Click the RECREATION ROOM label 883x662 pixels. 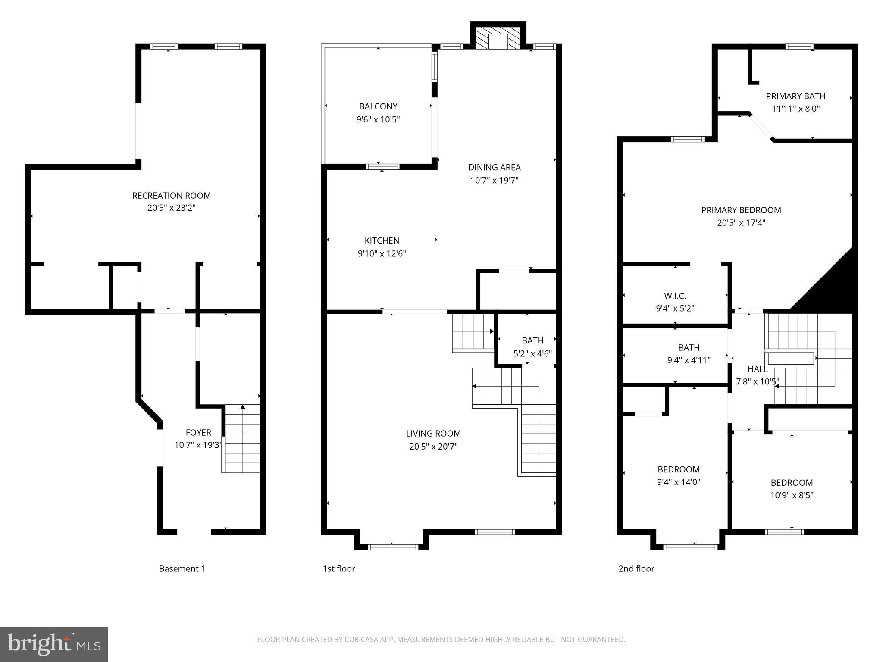pyautogui.click(x=171, y=196)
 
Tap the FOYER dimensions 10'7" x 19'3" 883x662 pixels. pyautogui.click(x=198, y=445)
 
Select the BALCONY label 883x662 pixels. pyautogui.click(x=378, y=106)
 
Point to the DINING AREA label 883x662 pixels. pyautogui.click(x=494, y=167)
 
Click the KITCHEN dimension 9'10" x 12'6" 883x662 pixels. pyautogui.click(x=382, y=254)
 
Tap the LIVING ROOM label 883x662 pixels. pyautogui.click(x=433, y=434)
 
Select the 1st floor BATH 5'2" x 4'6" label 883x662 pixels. pyautogui.click(x=532, y=340)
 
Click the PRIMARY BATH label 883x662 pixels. pyautogui.click(x=795, y=96)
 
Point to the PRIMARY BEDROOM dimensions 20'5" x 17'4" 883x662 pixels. pyautogui.click(x=741, y=223)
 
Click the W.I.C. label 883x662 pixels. pyautogui.click(x=675, y=296)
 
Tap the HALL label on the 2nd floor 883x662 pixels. pyautogui.click(x=758, y=369)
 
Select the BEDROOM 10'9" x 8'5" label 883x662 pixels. pyautogui.click(x=792, y=483)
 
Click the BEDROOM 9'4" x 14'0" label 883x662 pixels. pyautogui.click(x=678, y=469)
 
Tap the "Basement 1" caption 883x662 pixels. pyautogui.click(x=182, y=569)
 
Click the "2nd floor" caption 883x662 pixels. pyautogui.click(x=636, y=569)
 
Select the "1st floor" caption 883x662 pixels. pyautogui.click(x=339, y=569)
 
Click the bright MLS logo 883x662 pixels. pyautogui.click(x=54, y=644)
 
